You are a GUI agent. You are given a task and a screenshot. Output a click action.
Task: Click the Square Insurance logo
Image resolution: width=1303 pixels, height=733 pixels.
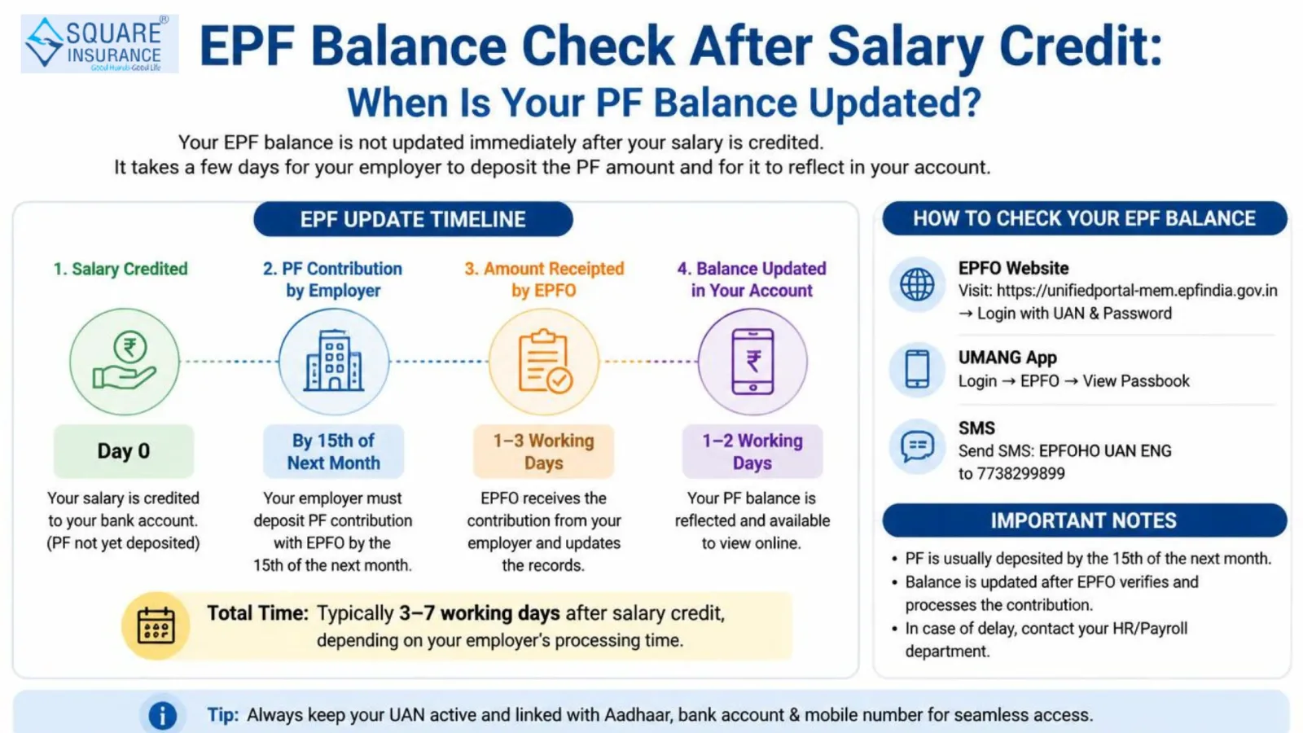point(99,44)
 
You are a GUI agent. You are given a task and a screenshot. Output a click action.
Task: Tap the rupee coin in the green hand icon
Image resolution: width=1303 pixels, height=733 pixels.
point(129,347)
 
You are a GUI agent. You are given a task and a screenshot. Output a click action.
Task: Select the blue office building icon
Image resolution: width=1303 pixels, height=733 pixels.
point(333,361)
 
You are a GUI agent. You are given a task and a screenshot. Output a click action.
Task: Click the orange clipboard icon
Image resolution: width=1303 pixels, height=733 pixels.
point(545,362)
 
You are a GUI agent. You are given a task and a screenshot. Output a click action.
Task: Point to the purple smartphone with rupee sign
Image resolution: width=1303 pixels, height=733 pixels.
point(752,362)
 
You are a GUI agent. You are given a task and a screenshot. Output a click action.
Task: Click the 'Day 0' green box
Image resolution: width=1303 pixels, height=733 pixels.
point(123,451)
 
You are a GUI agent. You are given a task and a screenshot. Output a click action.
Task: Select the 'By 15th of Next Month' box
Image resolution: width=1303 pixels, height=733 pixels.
point(333,451)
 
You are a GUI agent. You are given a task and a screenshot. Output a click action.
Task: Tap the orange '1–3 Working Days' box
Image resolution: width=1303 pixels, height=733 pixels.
point(543,451)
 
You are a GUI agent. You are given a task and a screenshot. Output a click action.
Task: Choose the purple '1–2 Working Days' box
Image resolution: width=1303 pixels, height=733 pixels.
point(752,451)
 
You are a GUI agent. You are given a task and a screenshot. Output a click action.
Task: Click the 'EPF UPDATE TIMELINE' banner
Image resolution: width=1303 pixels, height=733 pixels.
point(413,219)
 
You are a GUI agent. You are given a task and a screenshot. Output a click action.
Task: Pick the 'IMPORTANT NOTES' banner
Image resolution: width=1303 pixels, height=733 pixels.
point(1084,520)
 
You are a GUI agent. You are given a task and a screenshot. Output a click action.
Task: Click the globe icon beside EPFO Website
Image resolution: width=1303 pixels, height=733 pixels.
point(917,284)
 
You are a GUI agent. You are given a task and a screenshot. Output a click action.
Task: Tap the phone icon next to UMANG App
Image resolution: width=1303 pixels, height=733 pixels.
point(917,370)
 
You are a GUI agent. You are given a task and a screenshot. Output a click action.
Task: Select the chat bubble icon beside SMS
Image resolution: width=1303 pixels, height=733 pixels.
point(917,446)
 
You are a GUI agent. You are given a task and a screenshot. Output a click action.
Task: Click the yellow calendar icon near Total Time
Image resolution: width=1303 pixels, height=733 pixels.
point(156,626)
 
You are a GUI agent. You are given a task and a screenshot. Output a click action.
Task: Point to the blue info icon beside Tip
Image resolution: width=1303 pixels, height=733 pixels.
point(162,715)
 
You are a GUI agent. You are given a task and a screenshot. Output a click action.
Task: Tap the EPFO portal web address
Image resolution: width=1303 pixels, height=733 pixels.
point(1137,290)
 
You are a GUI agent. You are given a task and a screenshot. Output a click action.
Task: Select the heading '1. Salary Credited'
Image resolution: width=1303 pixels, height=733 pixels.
point(121,269)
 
